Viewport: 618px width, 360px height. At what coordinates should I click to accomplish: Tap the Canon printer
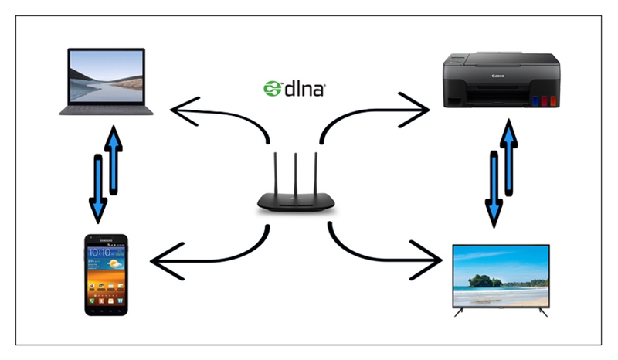[x=500, y=80]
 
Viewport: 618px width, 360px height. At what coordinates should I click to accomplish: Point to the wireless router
[x=294, y=193]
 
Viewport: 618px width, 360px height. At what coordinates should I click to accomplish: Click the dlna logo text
[x=304, y=89]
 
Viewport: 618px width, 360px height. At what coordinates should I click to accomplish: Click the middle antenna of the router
[x=294, y=174]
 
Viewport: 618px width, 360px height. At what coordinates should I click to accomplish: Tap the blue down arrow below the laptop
[x=98, y=188]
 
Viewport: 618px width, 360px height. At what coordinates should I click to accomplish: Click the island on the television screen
[x=485, y=280]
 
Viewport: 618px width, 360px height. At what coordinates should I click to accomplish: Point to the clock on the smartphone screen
[x=102, y=253]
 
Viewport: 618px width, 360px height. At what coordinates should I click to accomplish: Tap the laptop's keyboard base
[x=107, y=110]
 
